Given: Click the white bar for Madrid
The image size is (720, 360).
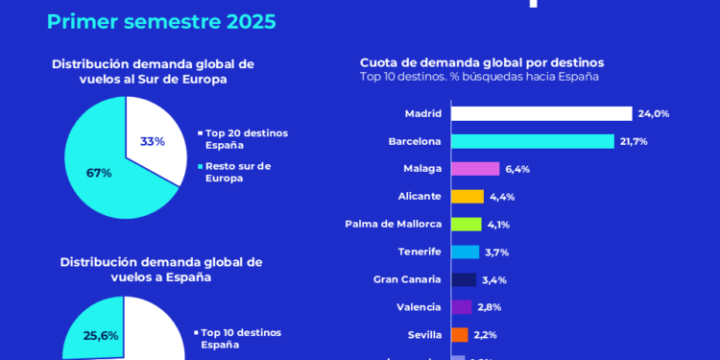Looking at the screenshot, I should [540, 113].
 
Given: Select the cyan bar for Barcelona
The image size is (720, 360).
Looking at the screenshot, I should [532, 141].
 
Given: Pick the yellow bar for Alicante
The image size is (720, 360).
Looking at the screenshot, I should [468, 197].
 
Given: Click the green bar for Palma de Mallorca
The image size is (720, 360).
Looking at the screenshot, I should [466, 225].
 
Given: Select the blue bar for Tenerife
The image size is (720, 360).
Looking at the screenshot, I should [465, 252].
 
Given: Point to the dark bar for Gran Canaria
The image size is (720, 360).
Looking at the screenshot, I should [463, 279].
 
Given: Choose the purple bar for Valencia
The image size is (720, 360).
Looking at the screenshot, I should [461, 307].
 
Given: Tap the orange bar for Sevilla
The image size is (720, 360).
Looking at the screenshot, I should [459, 335].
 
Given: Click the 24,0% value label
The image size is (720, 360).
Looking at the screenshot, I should [654, 113].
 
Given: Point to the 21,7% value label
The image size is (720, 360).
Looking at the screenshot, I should [635, 141].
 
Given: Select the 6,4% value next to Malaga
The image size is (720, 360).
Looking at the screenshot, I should [517, 169].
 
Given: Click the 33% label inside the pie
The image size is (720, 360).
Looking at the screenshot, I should [153, 141].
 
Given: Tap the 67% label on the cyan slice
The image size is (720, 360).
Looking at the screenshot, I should [100, 173].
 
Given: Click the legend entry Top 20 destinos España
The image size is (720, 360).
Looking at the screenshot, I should [246, 139].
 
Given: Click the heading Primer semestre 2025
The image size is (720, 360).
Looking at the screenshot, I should [160, 21].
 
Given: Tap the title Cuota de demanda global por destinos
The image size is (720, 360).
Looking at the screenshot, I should [482, 62].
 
